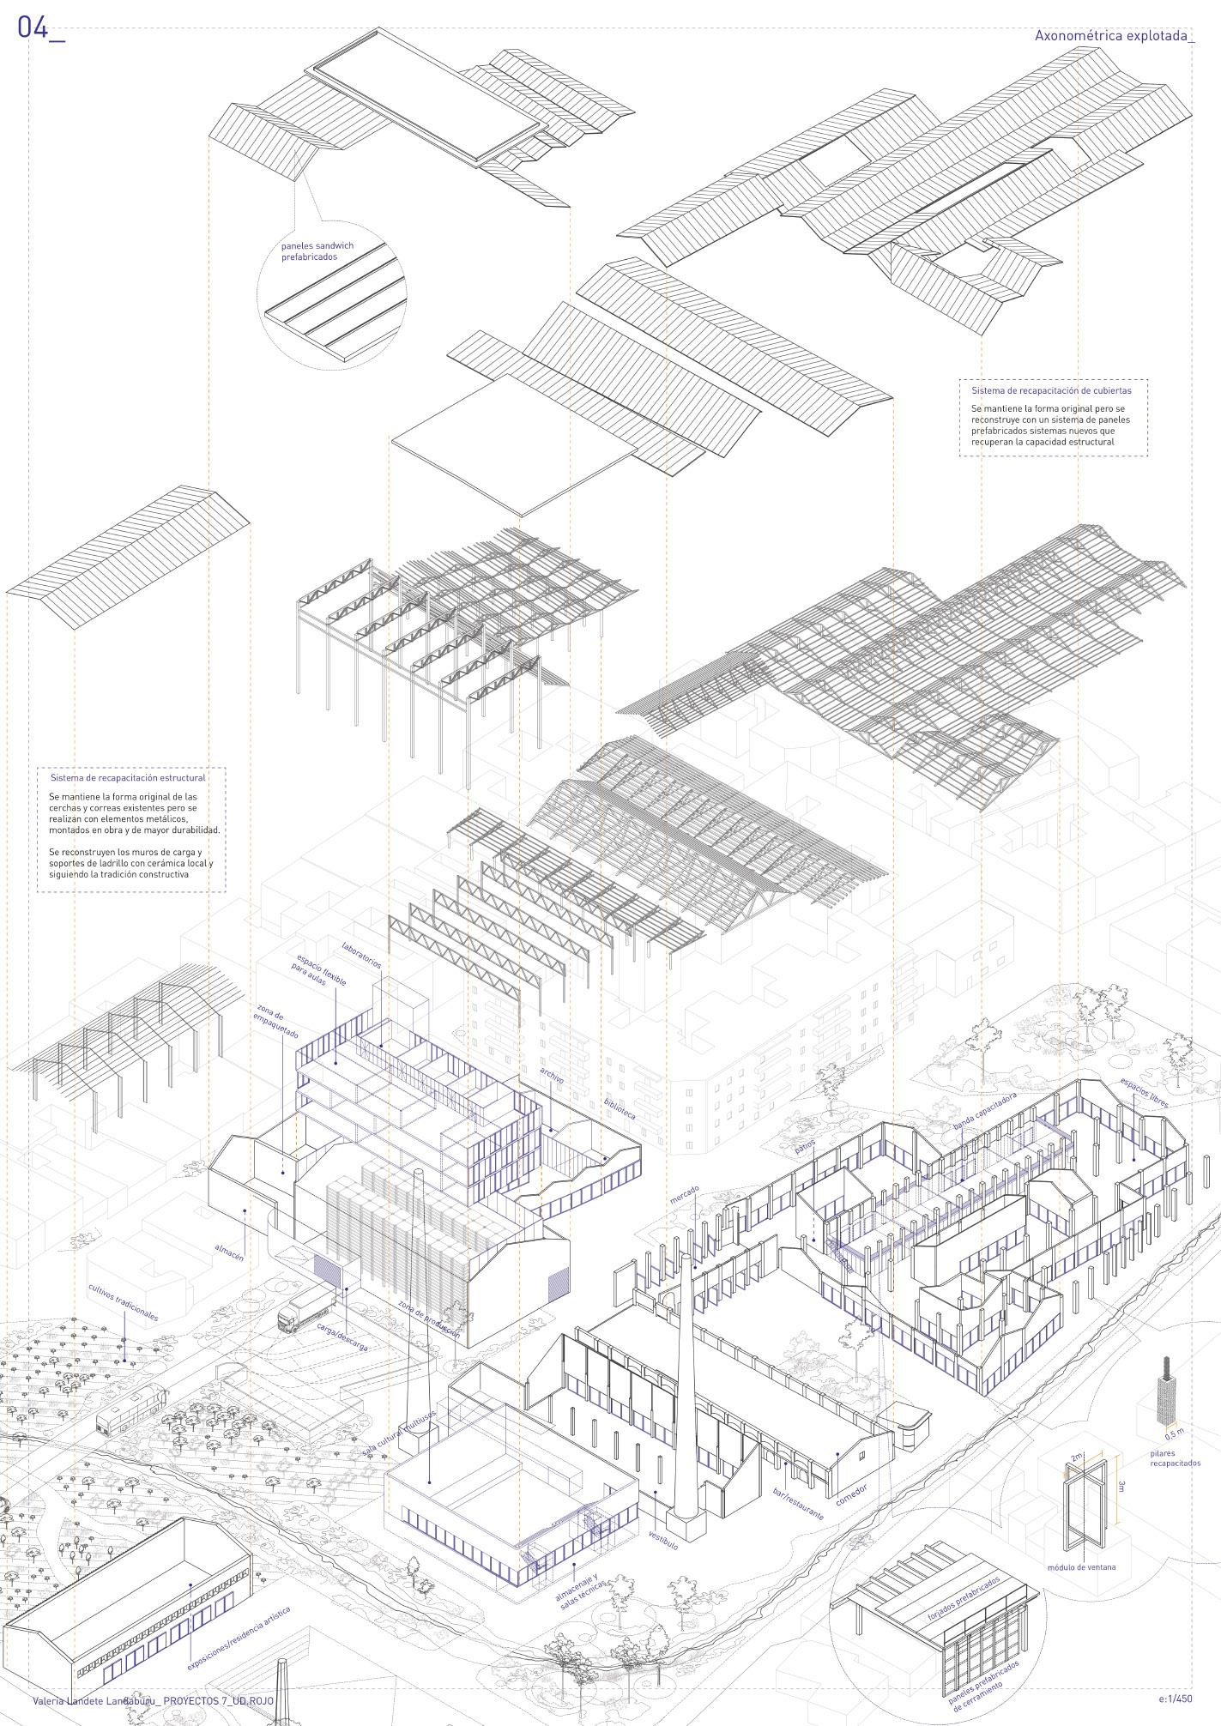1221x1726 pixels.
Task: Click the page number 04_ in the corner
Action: click(x=40, y=28)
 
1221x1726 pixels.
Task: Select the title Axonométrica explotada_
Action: click(x=1114, y=36)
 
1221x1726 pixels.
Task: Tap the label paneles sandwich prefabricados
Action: click(x=317, y=251)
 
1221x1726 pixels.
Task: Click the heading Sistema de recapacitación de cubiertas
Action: click(x=1050, y=390)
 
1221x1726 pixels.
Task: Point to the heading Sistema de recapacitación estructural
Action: click(x=128, y=778)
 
